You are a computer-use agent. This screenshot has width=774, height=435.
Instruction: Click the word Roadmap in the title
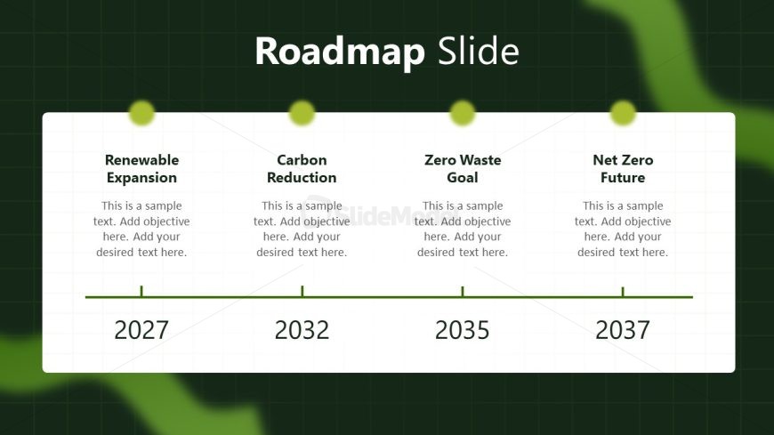[x=340, y=52]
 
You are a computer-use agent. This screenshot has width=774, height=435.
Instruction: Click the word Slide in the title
[x=479, y=51]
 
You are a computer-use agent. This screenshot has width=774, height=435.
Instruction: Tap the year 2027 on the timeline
[x=141, y=330]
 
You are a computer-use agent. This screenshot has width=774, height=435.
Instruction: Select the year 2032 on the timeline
[x=302, y=330]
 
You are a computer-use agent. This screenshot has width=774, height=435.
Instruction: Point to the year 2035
[x=462, y=330]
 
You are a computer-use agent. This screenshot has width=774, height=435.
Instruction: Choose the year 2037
[x=623, y=330]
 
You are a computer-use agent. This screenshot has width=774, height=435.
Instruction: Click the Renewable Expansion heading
[x=141, y=169]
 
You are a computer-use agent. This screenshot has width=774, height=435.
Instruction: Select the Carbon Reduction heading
[x=302, y=169]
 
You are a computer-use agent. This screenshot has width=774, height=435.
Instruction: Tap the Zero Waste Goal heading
[x=463, y=169]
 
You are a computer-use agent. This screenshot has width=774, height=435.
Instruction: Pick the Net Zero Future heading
[x=623, y=169]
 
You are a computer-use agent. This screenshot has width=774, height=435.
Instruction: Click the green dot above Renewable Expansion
[x=141, y=113]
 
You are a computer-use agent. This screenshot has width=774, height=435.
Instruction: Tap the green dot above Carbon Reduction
[x=302, y=113]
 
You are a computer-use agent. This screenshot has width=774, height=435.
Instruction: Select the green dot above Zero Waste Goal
[x=463, y=113]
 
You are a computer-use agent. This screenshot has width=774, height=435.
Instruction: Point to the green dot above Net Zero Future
[x=623, y=113]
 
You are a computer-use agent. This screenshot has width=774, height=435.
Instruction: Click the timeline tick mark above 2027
[x=141, y=291]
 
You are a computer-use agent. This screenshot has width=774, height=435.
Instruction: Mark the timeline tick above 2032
[x=302, y=291]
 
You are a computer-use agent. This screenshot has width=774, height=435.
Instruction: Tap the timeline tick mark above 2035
[x=463, y=291]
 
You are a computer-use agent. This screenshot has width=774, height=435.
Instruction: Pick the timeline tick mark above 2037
[x=623, y=291]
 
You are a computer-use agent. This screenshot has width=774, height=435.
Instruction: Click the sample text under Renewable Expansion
[x=141, y=230]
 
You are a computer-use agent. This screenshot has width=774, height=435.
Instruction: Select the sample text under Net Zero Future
[x=623, y=230]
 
